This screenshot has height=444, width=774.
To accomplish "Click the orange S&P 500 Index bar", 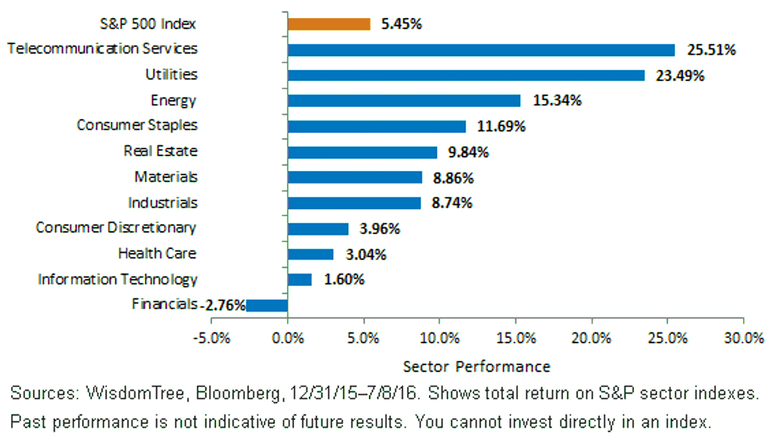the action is pyautogui.click(x=329, y=25).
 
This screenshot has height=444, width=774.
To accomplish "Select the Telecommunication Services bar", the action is pyautogui.click(x=481, y=50).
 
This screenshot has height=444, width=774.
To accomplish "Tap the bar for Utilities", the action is pyautogui.click(x=466, y=76).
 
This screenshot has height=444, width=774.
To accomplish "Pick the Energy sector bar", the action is pyautogui.click(x=404, y=101).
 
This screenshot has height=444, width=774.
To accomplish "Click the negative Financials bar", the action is pyautogui.click(x=267, y=306).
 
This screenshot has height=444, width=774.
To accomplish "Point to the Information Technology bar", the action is pyautogui.click(x=299, y=279).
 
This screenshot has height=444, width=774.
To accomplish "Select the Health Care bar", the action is pyautogui.click(x=311, y=254).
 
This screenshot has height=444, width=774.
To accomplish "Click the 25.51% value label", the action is pyautogui.click(x=711, y=50).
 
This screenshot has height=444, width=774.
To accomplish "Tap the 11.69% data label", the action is pyautogui.click(x=501, y=126).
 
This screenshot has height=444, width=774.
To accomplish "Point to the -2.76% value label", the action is pyautogui.click(x=224, y=305).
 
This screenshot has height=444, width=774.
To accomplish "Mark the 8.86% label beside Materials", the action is pyautogui.click(x=453, y=178).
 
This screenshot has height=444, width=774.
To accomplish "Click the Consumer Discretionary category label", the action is pyautogui.click(x=116, y=228).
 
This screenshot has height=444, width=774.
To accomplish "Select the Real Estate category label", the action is pyautogui.click(x=161, y=151).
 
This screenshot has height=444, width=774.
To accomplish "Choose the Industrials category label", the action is pyautogui.click(x=163, y=203).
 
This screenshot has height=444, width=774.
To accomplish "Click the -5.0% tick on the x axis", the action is pyautogui.click(x=212, y=338).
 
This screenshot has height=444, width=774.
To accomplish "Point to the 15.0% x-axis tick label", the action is pyautogui.click(x=516, y=338).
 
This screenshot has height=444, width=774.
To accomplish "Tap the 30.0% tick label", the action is pyautogui.click(x=744, y=338).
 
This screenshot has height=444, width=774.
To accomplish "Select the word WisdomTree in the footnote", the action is pyautogui.click(x=135, y=394).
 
